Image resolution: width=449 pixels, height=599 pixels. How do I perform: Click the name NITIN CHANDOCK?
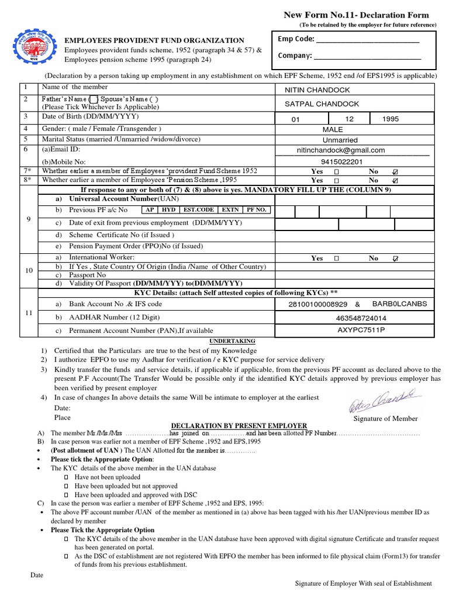[x=317, y=90]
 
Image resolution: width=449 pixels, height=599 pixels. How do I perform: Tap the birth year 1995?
[x=391, y=119]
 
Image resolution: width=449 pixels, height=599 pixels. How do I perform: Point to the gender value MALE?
[x=333, y=129]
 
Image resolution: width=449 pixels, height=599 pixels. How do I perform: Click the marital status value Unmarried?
[x=340, y=140]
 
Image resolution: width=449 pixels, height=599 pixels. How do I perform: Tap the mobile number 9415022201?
[x=341, y=162]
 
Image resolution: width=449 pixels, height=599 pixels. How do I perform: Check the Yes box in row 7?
[x=336, y=172]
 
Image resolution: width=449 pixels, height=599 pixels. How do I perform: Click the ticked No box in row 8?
[x=395, y=181]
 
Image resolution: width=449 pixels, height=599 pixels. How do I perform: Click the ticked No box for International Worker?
[x=395, y=258]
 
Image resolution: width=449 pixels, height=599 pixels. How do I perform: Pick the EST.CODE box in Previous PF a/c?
[x=198, y=209]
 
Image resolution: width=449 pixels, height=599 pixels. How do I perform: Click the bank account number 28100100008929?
[x=318, y=304]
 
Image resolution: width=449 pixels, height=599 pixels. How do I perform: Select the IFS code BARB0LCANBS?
[x=399, y=304]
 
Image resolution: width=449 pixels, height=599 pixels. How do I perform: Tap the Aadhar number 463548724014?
[x=361, y=319]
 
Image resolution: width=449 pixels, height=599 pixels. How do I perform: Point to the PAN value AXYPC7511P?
[x=361, y=330]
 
